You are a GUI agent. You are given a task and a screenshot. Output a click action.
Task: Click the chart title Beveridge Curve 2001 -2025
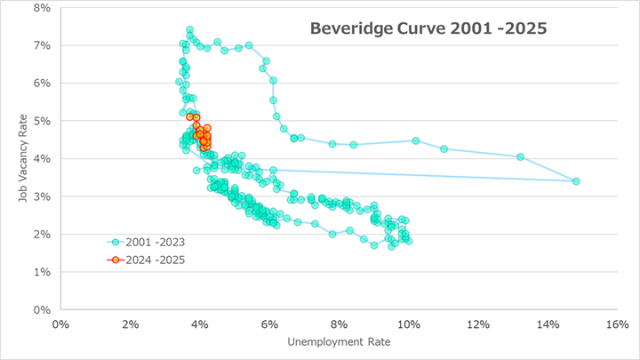(428, 28)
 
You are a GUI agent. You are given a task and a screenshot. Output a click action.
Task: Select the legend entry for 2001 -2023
(148, 242)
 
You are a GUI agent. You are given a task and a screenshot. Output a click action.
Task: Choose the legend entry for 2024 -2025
(148, 260)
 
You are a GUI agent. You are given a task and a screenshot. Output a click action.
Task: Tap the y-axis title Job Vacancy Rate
(25, 158)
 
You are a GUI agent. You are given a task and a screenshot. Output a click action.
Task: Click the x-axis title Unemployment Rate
(340, 342)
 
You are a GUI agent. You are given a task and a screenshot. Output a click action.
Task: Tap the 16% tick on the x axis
(618, 324)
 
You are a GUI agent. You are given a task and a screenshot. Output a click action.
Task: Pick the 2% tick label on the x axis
(131, 324)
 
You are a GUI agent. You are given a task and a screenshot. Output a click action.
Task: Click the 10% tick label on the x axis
(409, 324)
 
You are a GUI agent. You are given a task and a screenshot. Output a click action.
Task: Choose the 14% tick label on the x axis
(548, 324)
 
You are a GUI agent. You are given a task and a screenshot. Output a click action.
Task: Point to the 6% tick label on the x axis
(270, 324)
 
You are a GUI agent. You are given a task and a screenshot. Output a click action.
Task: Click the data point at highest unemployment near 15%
(576, 181)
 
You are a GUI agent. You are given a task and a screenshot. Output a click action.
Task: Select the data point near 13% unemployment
(521, 157)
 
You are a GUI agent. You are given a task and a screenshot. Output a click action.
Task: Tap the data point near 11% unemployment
(444, 149)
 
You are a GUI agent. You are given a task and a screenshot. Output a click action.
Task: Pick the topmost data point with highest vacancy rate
(189, 29)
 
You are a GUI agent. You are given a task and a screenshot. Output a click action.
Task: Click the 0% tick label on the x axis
(60, 324)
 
